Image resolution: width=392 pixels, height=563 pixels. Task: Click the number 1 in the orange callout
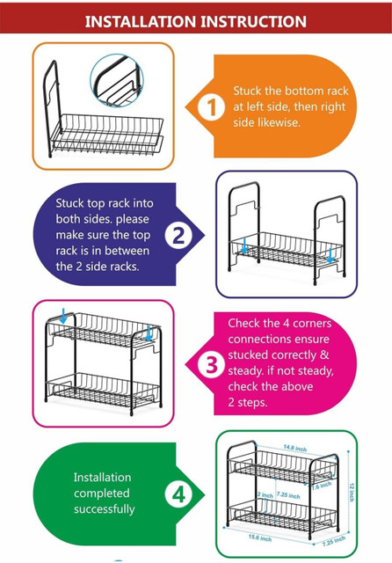point(212,107)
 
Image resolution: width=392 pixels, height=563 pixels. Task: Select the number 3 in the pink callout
point(212,364)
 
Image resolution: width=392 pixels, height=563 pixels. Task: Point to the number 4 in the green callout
point(178,494)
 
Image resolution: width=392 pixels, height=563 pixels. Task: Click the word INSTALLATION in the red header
point(141,21)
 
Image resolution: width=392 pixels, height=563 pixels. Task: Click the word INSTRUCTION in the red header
point(253,21)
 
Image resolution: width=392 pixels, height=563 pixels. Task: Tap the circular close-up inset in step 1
point(117,81)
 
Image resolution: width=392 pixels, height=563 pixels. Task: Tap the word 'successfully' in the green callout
point(105,509)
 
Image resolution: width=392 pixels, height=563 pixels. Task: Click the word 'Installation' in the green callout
point(102,477)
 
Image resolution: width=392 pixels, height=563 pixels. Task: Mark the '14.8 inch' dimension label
point(294,448)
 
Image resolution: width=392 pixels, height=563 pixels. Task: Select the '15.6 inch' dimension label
point(260,537)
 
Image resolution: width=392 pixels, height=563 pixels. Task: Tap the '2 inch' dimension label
point(265,494)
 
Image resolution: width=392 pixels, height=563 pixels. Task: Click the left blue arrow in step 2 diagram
point(244,245)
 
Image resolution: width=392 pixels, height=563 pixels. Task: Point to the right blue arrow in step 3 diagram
point(149,333)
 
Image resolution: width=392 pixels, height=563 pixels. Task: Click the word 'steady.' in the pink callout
point(246,371)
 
